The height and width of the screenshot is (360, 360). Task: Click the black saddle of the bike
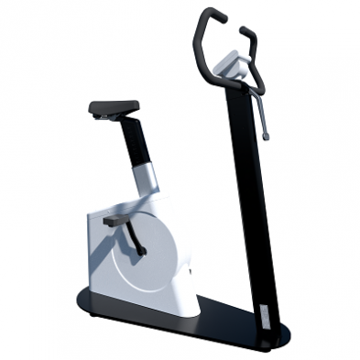pyautogui.click(x=114, y=107)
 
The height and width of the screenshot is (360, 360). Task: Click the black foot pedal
pyautogui.click(x=118, y=221)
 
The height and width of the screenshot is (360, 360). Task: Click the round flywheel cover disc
pyautogui.click(x=147, y=256)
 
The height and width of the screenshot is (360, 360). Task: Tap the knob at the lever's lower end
pyautogui.click(x=267, y=136)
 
